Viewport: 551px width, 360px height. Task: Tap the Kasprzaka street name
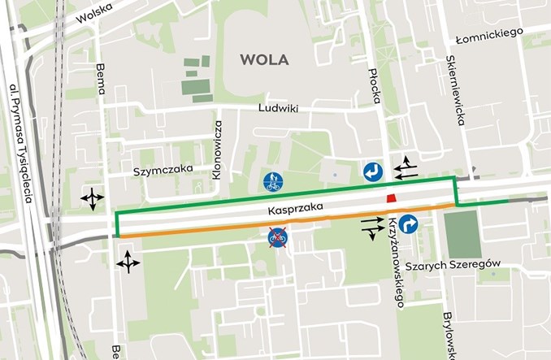pos(297,209)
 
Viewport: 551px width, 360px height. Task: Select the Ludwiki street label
pos(279,107)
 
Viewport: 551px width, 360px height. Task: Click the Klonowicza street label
pos(218,150)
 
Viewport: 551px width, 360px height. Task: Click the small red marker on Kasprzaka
pos(391,200)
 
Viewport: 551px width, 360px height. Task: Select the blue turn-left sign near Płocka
pos(373,171)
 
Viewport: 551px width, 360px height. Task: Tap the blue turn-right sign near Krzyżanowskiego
pos(408,224)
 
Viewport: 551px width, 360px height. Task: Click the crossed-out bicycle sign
pos(278,237)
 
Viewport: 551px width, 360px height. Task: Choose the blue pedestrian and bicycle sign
pos(272,181)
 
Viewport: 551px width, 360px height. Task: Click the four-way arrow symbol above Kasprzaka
pos(91,197)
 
